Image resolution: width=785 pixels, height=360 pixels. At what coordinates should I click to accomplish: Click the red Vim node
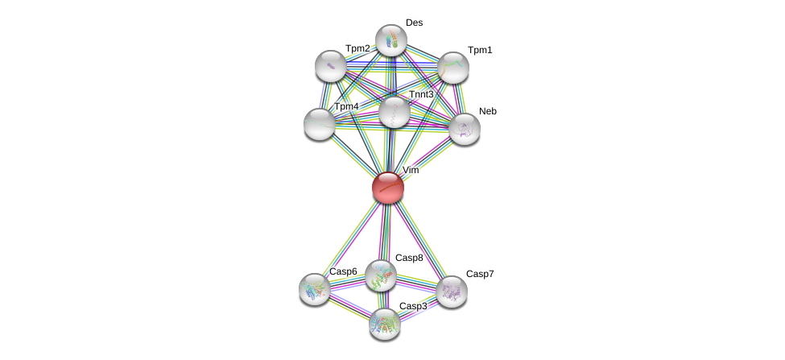click(x=387, y=188)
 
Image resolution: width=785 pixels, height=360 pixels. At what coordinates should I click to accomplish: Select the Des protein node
click(x=390, y=40)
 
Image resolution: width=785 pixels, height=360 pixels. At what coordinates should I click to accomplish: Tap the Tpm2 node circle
click(x=330, y=66)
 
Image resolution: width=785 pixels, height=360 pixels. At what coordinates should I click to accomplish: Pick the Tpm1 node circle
click(x=452, y=68)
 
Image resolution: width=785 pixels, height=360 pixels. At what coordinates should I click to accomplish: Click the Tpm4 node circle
click(x=319, y=124)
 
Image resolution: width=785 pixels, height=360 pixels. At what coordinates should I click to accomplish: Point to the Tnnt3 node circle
click(x=394, y=112)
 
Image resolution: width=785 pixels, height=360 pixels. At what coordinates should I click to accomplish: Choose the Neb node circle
click(x=464, y=129)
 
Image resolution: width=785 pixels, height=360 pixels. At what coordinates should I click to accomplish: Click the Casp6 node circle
click(x=314, y=288)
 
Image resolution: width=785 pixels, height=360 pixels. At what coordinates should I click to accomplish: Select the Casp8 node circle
click(x=380, y=275)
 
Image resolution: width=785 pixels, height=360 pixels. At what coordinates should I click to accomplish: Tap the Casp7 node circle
click(x=451, y=292)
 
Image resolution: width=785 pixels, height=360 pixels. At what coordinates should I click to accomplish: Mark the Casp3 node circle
click(x=384, y=324)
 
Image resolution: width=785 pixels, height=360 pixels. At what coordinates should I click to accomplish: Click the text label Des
click(x=414, y=23)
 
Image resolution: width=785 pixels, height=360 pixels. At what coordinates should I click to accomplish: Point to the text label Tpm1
click(x=480, y=50)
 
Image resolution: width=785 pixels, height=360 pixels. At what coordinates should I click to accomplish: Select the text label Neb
click(x=488, y=111)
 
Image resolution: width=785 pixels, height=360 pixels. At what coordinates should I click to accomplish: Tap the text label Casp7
click(x=480, y=274)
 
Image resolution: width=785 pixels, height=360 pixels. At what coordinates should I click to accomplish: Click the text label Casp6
click(x=343, y=271)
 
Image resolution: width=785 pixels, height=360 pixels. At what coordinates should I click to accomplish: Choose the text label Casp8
click(x=409, y=258)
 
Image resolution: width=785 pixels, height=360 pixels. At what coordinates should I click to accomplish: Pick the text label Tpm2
click(x=357, y=48)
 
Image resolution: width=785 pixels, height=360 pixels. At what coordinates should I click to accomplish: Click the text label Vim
click(x=411, y=170)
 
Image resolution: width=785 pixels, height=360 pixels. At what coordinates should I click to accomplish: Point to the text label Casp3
click(x=413, y=306)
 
